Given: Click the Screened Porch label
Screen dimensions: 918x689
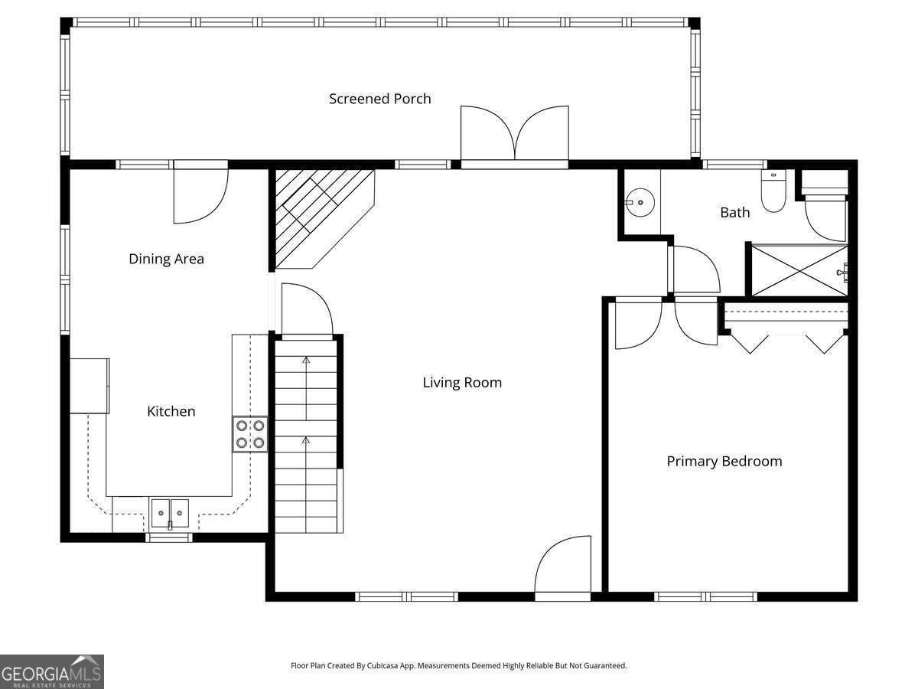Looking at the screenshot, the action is coord(379,99).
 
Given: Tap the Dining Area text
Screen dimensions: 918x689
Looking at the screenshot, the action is coord(167,259).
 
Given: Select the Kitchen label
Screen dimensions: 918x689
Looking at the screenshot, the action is coord(171,411).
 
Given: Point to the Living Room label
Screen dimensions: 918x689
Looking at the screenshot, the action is coord(462,382).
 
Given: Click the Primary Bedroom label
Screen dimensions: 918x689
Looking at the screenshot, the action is coord(724,461).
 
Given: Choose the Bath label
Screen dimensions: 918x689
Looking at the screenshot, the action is coord(735,213).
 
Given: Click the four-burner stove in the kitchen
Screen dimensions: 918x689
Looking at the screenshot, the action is coord(250,434).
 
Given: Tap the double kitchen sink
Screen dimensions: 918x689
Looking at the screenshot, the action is coord(170,513).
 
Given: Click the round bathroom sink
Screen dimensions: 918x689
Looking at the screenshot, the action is coord(640,203).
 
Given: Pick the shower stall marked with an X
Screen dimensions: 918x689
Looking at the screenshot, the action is coord(799,271).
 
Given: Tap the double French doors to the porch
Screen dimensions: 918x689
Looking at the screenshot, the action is coord(514,134).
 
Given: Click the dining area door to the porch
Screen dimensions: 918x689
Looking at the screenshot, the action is coord(200,191).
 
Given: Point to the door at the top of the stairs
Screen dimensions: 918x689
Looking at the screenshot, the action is coord(307,310).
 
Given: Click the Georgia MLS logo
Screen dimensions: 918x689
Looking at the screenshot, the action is coord(52,672).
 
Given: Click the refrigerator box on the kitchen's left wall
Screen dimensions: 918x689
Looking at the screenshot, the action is coord(90,386).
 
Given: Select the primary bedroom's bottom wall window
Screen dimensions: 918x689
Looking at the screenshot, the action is coord(705,596).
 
